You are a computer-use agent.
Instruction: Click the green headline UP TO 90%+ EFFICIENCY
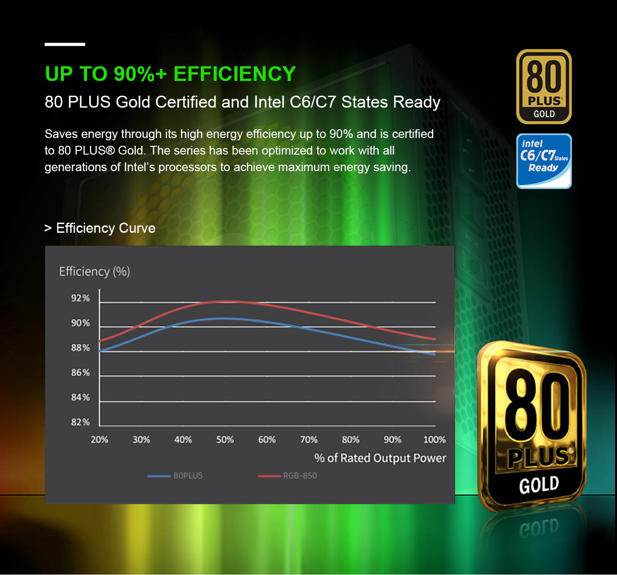point(170,74)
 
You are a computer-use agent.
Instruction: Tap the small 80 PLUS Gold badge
point(544,86)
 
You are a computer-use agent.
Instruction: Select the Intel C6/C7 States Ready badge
point(544,161)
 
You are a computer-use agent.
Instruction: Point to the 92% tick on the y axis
point(80,298)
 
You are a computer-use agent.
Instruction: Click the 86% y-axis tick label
point(80,373)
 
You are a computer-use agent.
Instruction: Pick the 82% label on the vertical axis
point(80,422)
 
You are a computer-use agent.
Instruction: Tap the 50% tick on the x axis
point(225,440)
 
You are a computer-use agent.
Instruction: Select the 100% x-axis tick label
point(434,440)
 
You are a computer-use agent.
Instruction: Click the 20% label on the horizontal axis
point(99,440)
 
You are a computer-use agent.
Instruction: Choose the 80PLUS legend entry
point(175,476)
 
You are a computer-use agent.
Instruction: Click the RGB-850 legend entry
point(288,476)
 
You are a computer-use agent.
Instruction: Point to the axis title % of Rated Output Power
point(380,458)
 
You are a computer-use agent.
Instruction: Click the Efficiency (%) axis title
point(94,271)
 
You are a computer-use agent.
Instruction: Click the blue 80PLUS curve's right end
point(435,354)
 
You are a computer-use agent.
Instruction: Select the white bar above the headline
point(65,44)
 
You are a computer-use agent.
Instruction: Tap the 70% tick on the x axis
point(308,440)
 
